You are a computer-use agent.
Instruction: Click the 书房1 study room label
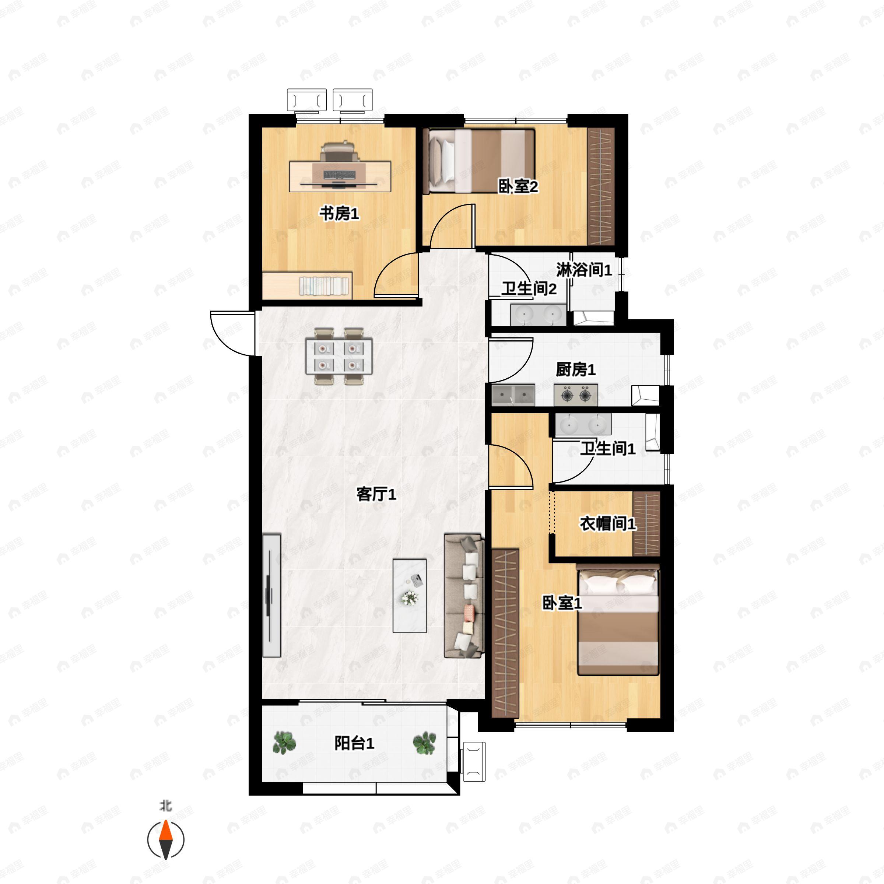[x=339, y=213]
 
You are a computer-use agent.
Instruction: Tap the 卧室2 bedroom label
[x=518, y=186]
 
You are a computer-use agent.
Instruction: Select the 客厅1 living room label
[x=376, y=494]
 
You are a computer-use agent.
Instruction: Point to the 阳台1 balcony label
[x=354, y=743]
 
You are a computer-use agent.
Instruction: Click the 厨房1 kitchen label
[x=576, y=369]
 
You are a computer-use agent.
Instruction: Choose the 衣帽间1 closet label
[x=608, y=523]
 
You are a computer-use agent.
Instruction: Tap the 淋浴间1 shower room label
[x=584, y=270]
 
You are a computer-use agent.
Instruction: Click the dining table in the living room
[x=338, y=356]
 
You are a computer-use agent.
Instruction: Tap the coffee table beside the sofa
[x=410, y=596]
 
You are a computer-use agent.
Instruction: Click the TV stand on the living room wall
[x=271, y=595]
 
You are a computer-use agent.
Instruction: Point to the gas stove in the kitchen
[x=576, y=395]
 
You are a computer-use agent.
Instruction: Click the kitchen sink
[x=513, y=395]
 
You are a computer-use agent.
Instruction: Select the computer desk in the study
[x=340, y=176]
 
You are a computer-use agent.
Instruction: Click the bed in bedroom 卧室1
[x=618, y=620]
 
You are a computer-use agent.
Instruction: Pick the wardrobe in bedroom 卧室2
[x=600, y=186]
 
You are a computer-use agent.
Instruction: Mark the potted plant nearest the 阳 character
[x=284, y=743]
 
